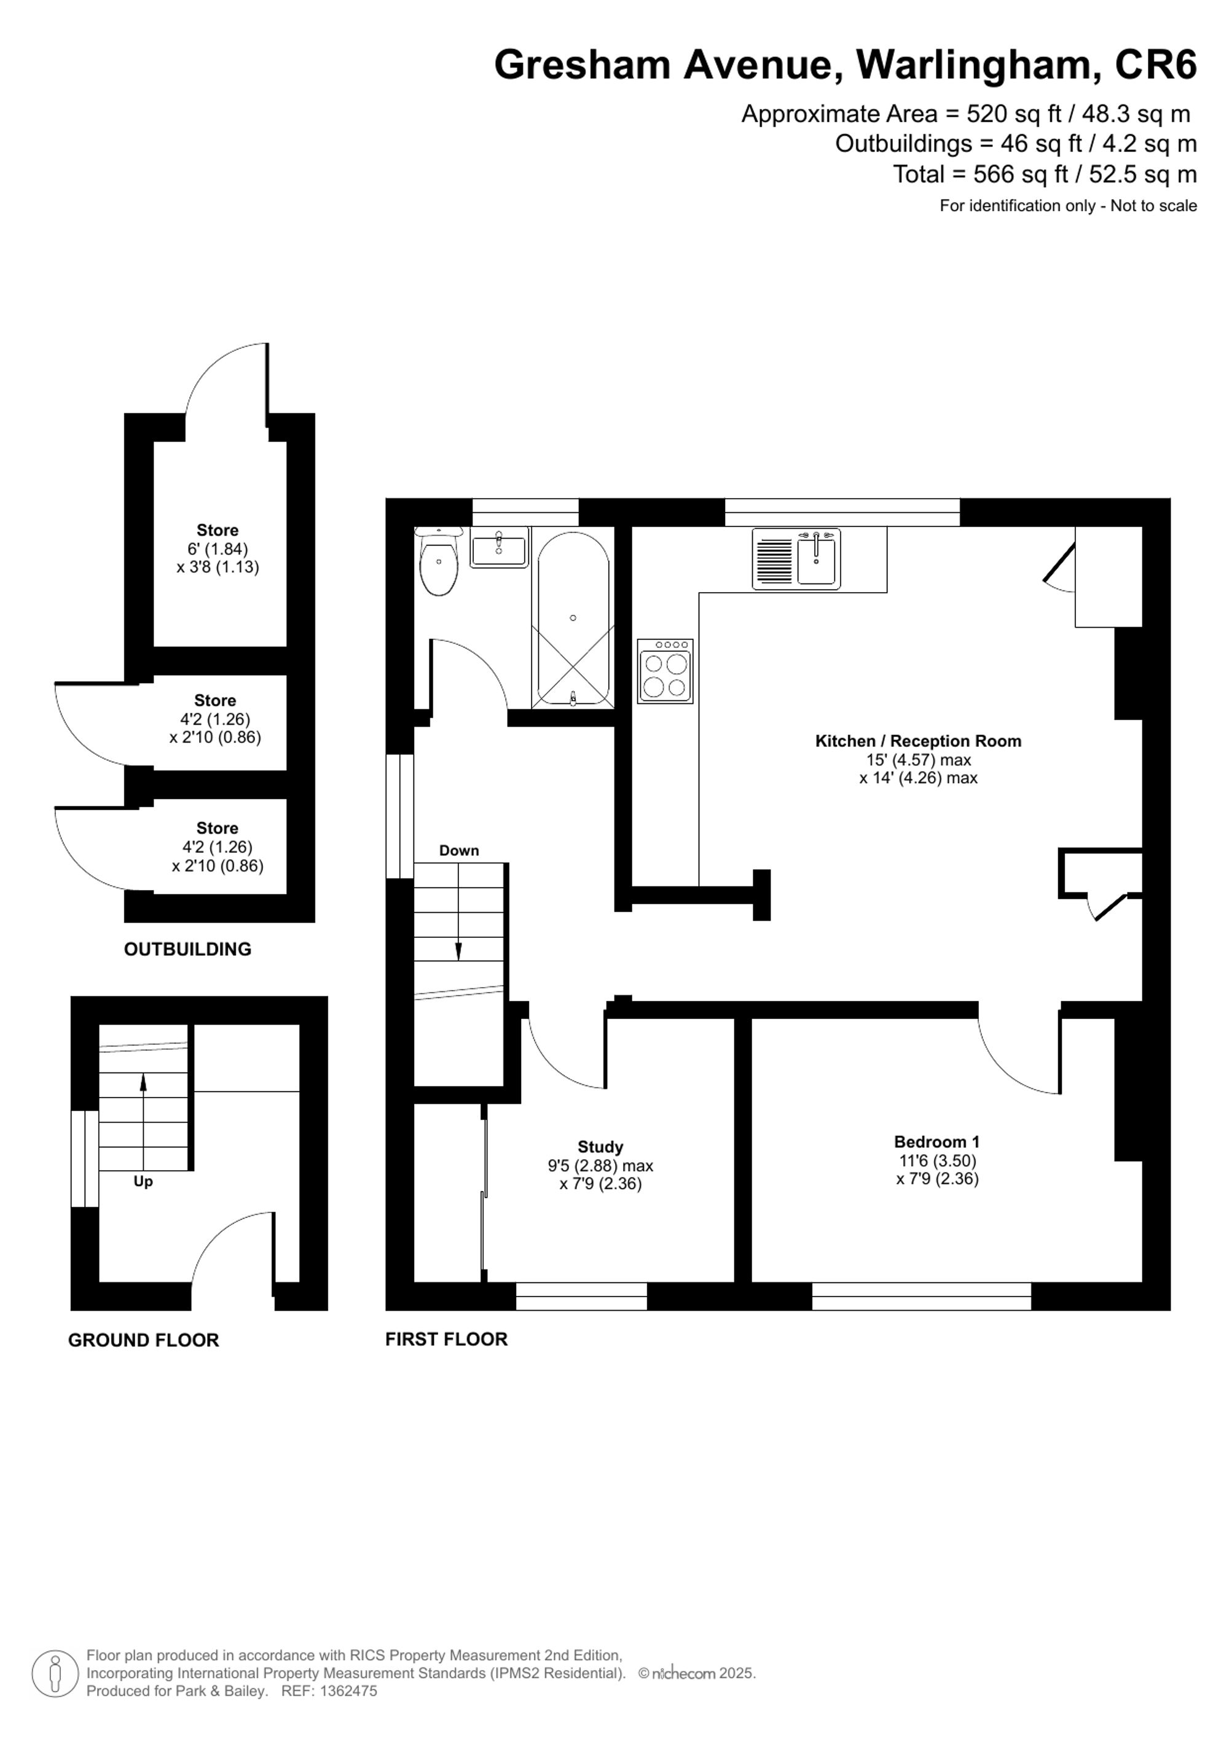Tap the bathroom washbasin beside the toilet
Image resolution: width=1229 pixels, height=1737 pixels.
pos(499,548)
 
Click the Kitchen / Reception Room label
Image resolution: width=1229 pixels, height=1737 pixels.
pos(917,741)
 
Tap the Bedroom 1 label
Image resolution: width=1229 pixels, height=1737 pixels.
pos(936,1142)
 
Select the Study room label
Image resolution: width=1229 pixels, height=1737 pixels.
pos(600,1147)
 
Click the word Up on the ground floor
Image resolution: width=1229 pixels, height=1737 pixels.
pos(143,1181)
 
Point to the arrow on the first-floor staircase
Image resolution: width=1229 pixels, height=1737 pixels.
pos(458,950)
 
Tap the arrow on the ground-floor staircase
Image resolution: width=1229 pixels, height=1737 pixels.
pos(143,1083)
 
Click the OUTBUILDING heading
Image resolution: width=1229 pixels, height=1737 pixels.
pos(187,949)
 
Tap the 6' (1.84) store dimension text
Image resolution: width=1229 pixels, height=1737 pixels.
pos(217,549)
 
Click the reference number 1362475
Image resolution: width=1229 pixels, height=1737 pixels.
pos(349,1691)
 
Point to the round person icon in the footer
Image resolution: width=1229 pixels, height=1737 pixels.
pos(55,1674)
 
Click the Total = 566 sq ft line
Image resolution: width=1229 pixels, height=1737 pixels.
pos(1045,175)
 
